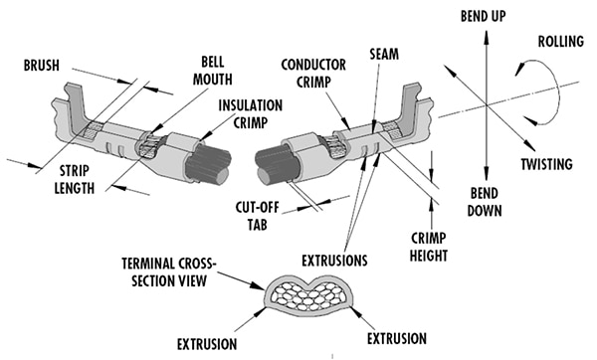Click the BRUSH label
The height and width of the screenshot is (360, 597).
(x=42, y=66)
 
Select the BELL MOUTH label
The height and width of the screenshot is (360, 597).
(x=213, y=71)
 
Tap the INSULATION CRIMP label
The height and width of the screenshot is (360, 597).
(x=250, y=114)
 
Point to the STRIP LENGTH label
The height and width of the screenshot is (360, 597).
(x=75, y=180)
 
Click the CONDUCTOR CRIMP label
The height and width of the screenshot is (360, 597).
(x=313, y=74)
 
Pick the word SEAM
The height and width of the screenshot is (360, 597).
(x=384, y=55)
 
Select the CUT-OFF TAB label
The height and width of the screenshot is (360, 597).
(x=258, y=216)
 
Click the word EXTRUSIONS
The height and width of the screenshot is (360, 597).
(x=334, y=261)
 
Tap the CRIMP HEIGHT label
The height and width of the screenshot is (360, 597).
(x=428, y=247)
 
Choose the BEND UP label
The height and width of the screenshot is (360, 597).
(x=484, y=16)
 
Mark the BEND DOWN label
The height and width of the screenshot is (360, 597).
(x=485, y=202)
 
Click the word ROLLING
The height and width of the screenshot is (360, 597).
(x=561, y=42)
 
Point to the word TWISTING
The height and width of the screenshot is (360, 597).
(x=546, y=164)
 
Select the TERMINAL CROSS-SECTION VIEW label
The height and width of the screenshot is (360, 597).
(x=169, y=272)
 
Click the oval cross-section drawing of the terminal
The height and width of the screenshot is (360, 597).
(x=308, y=293)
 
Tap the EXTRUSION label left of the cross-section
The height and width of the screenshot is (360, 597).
(x=207, y=344)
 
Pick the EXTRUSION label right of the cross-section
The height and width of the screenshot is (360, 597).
(x=397, y=339)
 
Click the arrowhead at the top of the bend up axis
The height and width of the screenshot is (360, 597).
(x=486, y=36)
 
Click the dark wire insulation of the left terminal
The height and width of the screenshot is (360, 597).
(x=208, y=163)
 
